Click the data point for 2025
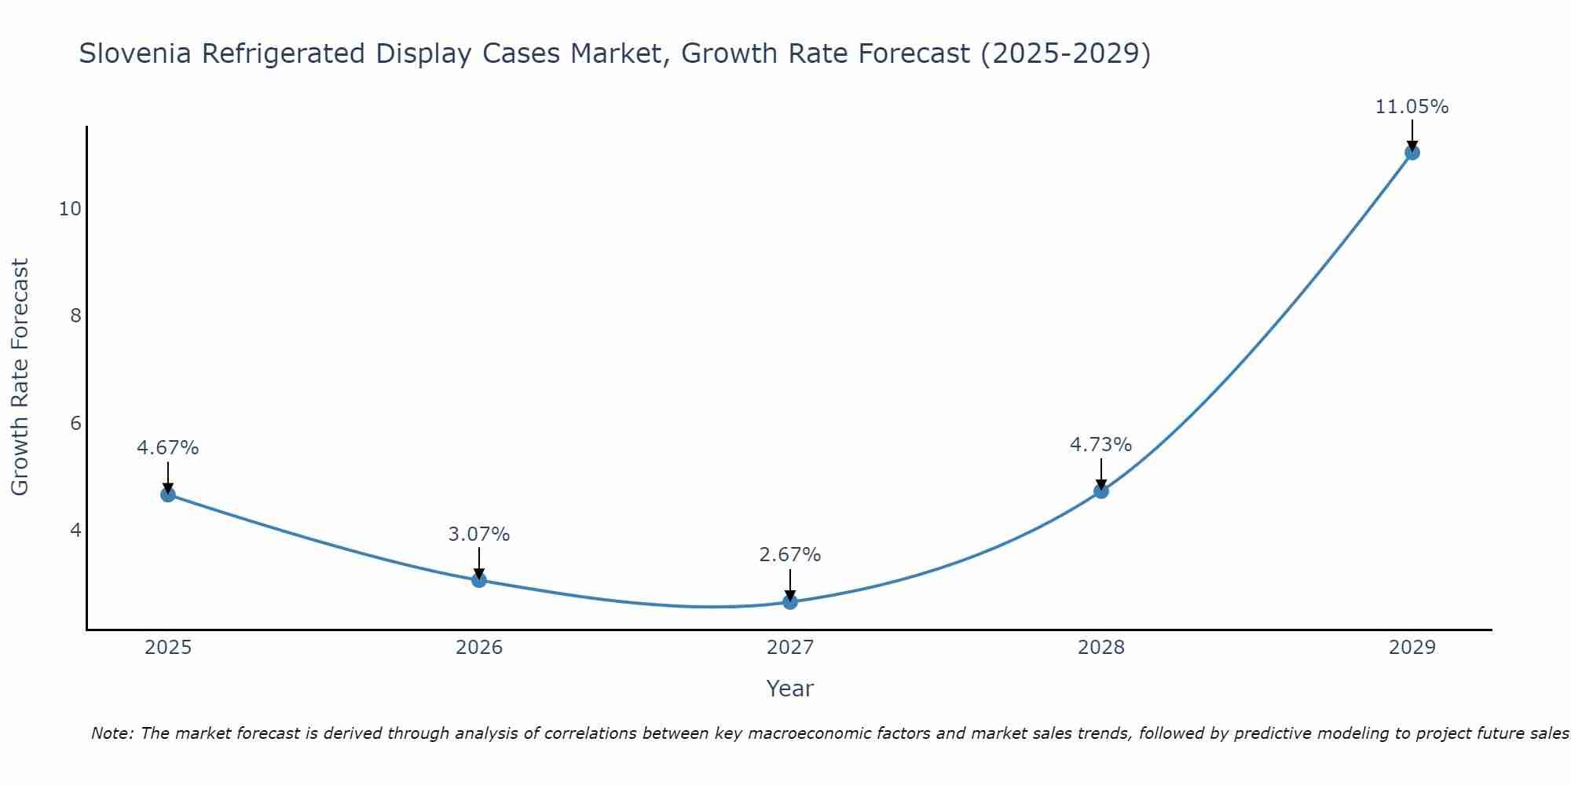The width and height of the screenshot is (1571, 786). (168, 494)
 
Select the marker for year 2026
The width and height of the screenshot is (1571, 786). (479, 580)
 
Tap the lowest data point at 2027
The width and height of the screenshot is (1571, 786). (790, 602)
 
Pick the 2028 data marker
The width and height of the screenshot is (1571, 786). (1101, 491)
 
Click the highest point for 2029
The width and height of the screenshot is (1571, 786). (1412, 152)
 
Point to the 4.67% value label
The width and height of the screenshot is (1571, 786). (168, 448)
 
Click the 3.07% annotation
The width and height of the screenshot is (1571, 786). (479, 534)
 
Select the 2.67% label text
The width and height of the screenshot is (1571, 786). (790, 555)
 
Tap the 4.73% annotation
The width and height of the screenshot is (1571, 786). (1101, 445)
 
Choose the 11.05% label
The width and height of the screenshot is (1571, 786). (1412, 107)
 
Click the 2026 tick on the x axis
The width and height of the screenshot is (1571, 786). (479, 648)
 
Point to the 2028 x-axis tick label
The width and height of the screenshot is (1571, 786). (1101, 648)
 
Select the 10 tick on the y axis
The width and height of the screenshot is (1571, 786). (70, 209)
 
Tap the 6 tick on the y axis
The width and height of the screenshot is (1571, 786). (75, 424)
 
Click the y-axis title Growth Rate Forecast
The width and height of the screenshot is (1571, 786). (20, 377)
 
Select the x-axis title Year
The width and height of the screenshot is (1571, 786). (790, 689)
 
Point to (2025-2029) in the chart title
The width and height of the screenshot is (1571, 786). (1066, 53)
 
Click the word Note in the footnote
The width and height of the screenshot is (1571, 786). (112, 733)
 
